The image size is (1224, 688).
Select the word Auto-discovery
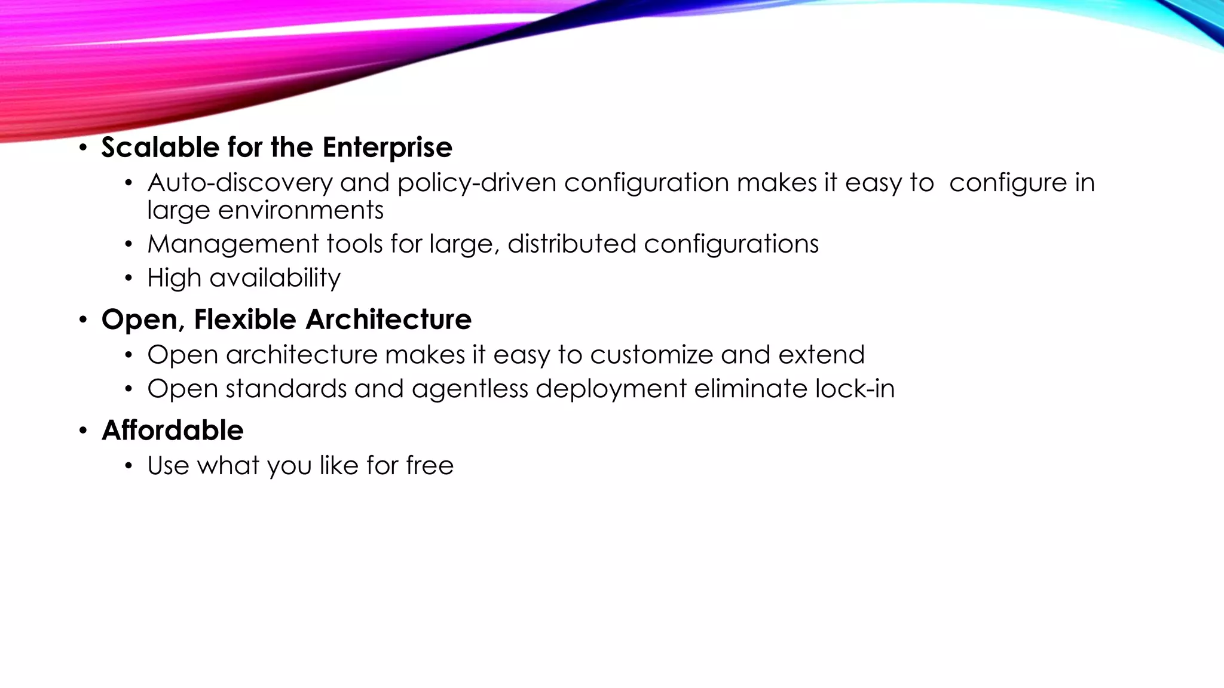coord(240,183)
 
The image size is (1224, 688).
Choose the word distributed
coord(572,244)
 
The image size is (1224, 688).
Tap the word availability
coord(275,278)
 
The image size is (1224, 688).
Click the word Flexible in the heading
coord(246,320)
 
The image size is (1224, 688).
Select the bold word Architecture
coord(388,320)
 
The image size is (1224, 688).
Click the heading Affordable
coord(173,431)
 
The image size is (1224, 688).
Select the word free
coord(430,465)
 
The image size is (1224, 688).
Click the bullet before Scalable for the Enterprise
coord(83,148)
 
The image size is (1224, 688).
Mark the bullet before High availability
coord(128,279)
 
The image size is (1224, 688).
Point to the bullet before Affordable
coord(83,431)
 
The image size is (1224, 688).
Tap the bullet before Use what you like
coord(128,466)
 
